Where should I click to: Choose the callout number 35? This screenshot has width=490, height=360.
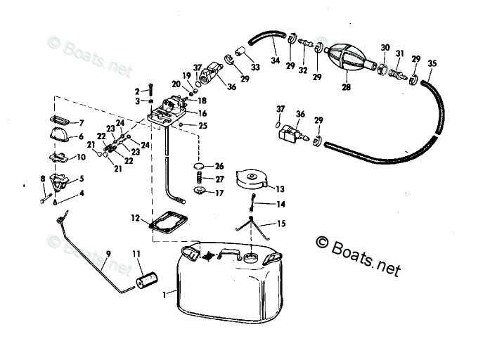pyautogui.click(x=432, y=63)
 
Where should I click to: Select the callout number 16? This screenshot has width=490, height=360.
pyautogui.click(x=202, y=114)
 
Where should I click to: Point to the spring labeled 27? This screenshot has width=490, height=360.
pyautogui.click(x=199, y=179)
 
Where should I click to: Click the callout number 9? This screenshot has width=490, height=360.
pyautogui.click(x=108, y=253)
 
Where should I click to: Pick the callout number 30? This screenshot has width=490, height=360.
pyautogui.click(x=385, y=47)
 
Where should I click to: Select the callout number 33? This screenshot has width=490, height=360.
pyautogui.click(x=254, y=67)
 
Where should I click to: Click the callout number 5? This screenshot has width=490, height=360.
pyautogui.click(x=82, y=179)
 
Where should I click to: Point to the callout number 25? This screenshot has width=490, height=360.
pyautogui.click(x=203, y=126)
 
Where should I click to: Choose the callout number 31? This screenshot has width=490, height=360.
pyautogui.click(x=399, y=53)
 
